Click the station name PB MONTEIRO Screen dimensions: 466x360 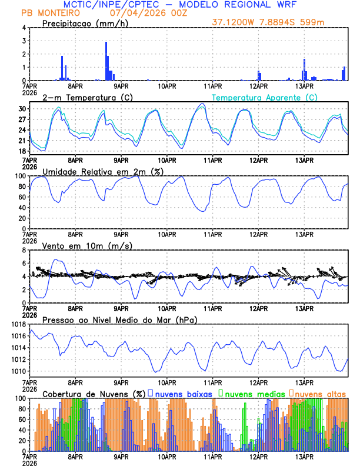tap(46, 13)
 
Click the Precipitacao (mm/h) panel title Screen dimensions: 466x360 tap(85, 23)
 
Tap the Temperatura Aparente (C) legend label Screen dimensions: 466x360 tap(264, 97)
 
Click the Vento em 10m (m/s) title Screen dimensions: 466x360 tap(87, 245)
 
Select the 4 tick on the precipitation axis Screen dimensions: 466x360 tap(24, 28)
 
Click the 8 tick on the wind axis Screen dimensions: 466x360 tap(24, 250)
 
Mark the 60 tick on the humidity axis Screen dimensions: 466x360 tap(21, 197)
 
